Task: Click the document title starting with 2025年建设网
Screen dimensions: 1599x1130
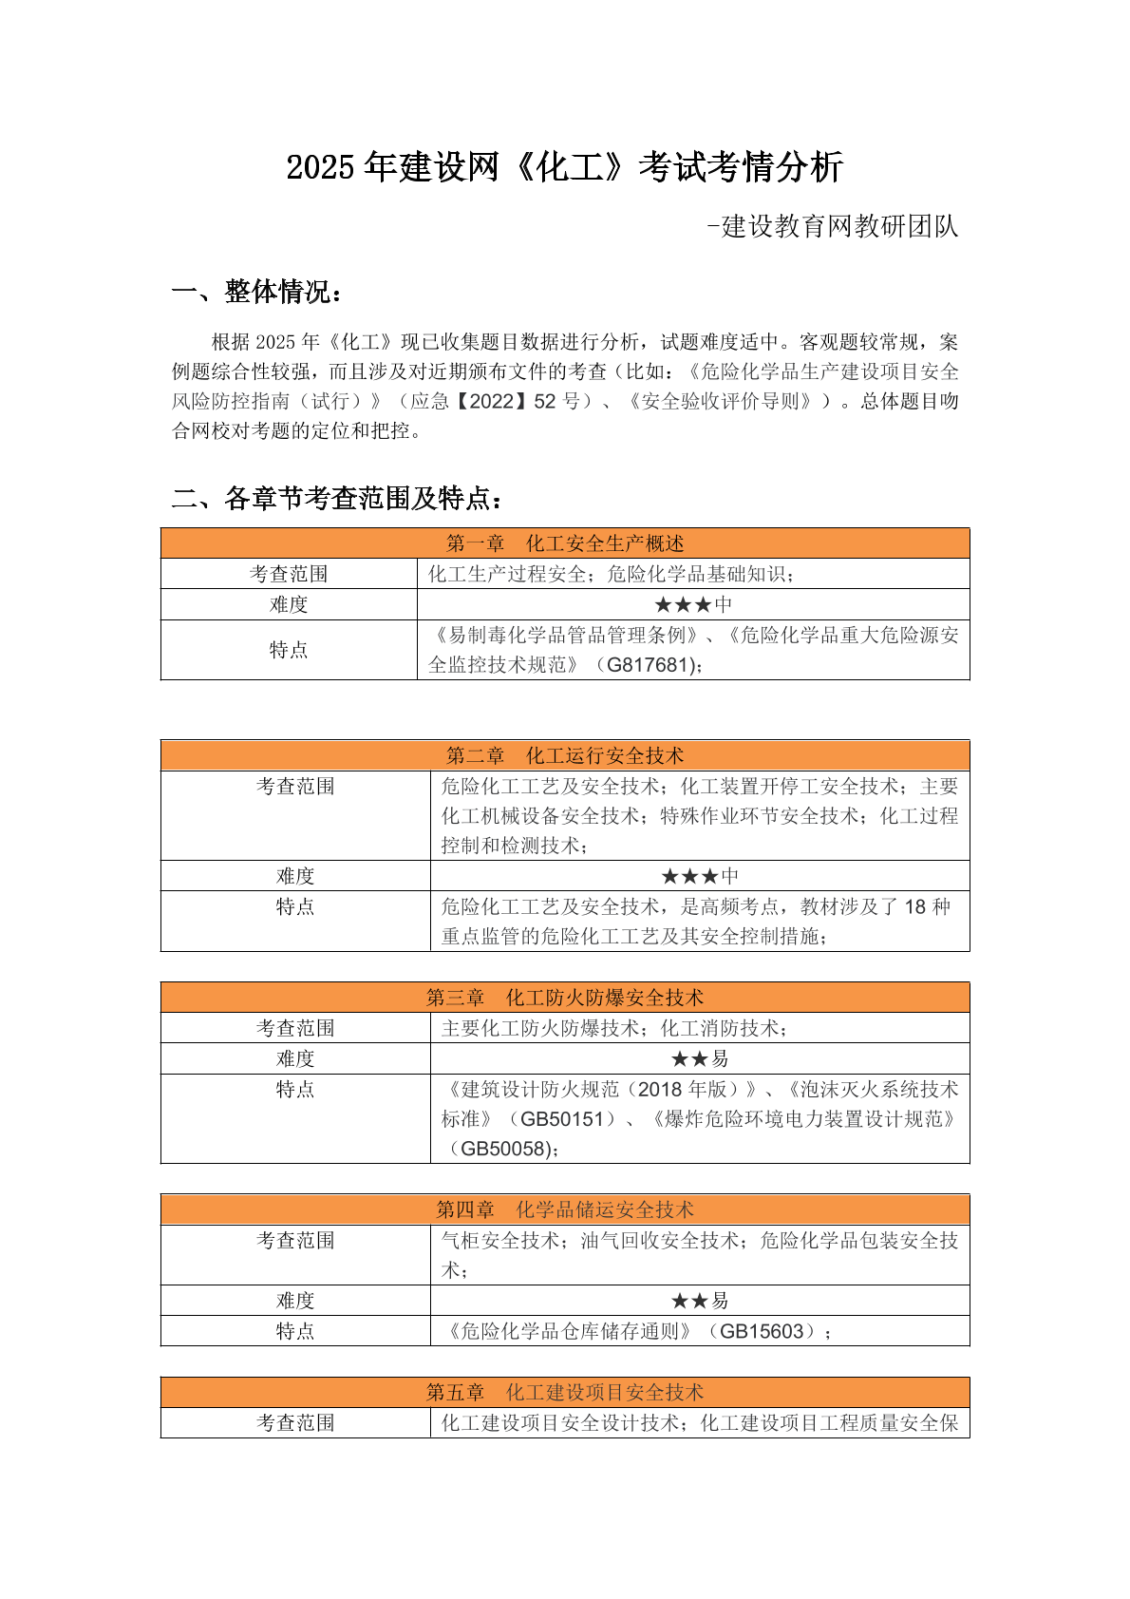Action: pyautogui.click(x=564, y=167)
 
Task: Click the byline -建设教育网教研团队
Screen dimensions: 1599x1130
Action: pyautogui.click(x=832, y=227)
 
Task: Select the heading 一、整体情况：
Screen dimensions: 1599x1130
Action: pyautogui.click(x=256, y=292)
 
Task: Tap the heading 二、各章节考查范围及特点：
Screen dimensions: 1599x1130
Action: pyautogui.click(x=337, y=498)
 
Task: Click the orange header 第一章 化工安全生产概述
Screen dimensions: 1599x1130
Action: pyautogui.click(x=565, y=543)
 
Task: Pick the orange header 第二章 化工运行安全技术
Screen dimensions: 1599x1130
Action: pyautogui.click(x=565, y=755)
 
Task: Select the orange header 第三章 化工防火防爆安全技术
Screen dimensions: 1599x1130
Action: pyautogui.click(x=565, y=998)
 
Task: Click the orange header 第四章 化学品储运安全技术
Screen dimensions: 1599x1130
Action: pyautogui.click(x=565, y=1209)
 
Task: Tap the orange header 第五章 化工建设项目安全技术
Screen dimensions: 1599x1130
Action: pyautogui.click(x=565, y=1392)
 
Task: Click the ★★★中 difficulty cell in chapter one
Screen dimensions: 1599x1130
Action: pyautogui.click(x=693, y=604)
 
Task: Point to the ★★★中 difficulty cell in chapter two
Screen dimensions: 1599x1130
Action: pyautogui.click(x=700, y=876)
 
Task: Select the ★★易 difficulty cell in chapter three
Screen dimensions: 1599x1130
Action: pyautogui.click(x=700, y=1058)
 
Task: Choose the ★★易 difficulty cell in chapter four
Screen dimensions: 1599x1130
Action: pyautogui.click(x=700, y=1301)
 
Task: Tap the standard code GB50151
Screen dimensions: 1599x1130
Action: pyautogui.click(x=562, y=1119)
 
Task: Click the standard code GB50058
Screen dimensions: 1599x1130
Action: pyautogui.click(x=502, y=1149)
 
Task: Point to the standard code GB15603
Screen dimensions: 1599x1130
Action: pyautogui.click(x=762, y=1331)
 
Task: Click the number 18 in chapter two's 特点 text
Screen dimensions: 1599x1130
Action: pyautogui.click(x=914, y=906)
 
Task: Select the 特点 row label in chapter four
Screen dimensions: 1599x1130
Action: pyautogui.click(x=295, y=1331)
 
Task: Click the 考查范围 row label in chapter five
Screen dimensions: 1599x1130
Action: pyautogui.click(x=295, y=1422)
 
